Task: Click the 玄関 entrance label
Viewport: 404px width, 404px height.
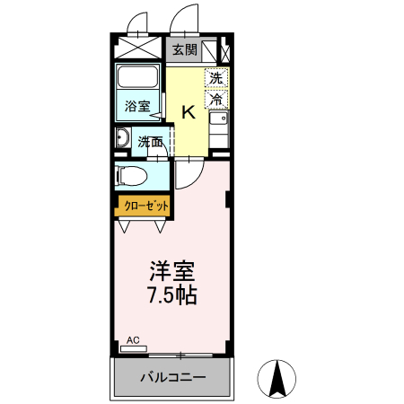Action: (184, 50)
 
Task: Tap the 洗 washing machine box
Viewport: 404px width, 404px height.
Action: (216, 77)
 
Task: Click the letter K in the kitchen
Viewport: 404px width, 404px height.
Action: (189, 112)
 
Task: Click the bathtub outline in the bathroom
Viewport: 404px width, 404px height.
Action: (138, 81)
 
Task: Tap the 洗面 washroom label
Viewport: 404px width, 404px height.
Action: (151, 141)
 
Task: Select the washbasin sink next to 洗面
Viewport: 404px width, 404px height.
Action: (123, 138)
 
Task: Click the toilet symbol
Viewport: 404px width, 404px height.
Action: (135, 175)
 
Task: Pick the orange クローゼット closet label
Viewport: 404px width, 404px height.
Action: (142, 206)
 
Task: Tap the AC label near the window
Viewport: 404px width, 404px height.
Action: (133, 340)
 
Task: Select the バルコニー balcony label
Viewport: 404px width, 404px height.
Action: (172, 378)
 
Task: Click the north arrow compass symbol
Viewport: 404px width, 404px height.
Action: (277, 378)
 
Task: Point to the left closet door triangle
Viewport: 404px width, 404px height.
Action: (127, 223)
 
